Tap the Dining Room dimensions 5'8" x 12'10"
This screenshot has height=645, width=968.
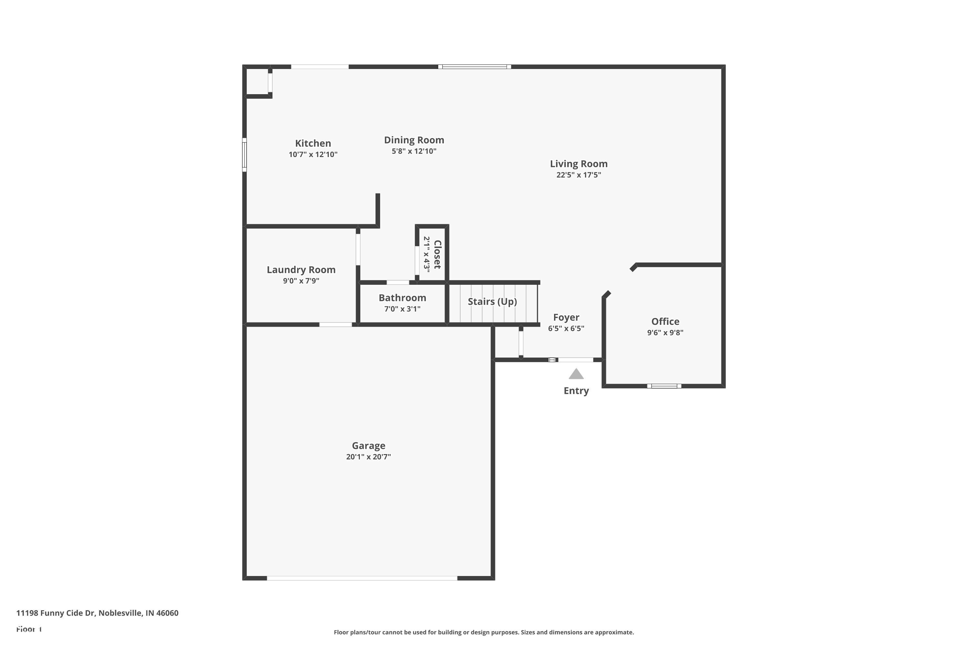pyautogui.click(x=414, y=151)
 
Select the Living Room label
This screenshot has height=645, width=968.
pyautogui.click(x=578, y=164)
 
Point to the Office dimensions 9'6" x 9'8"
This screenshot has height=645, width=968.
pyautogui.click(x=665, y=332)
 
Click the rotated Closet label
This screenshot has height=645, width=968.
pyautogui.click(x=437, y=254)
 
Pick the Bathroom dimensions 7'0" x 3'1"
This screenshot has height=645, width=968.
pyautogui.click(x=402, y=309)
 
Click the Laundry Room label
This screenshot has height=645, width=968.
pyautogui.click(x=301, y=270)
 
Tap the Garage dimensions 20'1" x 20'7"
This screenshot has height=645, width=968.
pyautogui.click(x=368, y=457)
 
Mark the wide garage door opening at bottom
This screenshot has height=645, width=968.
pyautogui.click(x=362, y=578)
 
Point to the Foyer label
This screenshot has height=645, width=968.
pyautogui.click(x=566, y=317)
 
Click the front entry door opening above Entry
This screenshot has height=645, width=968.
pyautogui.click(x=575, y=360)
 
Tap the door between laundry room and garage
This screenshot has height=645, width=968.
pyautogui.click(x=336, y=324)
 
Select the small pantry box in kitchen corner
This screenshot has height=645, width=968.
pyautogui.click(x=257, y=82)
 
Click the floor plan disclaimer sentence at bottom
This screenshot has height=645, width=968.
pyautogui.click(x=484, y=632)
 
